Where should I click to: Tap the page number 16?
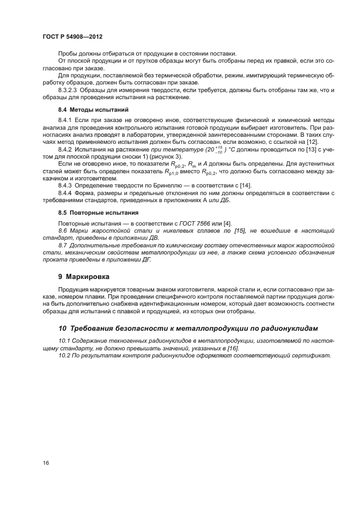(46, 463)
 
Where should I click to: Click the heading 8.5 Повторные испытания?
(90, 212)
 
